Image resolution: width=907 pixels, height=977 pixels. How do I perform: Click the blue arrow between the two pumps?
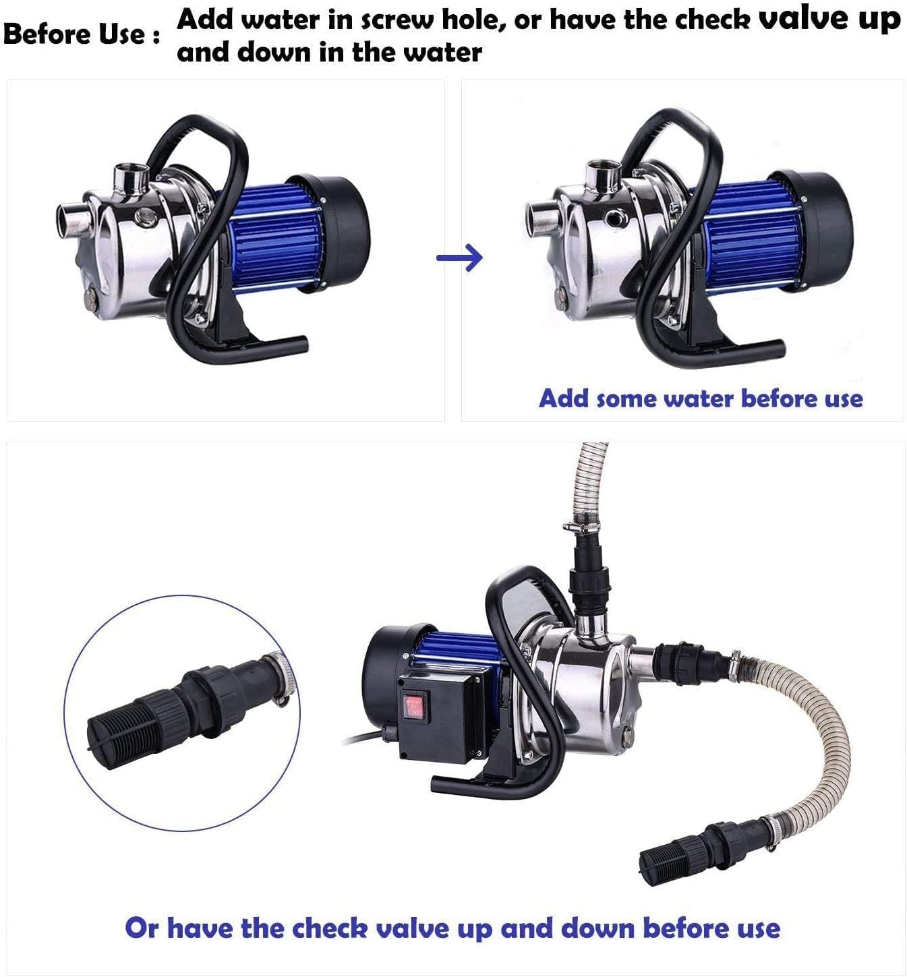click(x=460, y=257)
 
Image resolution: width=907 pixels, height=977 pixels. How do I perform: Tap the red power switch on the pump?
click(x=412, y=706)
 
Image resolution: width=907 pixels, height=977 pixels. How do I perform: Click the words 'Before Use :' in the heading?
click(x=82, y=34)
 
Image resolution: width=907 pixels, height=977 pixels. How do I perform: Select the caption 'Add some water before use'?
click(x=701, y=398)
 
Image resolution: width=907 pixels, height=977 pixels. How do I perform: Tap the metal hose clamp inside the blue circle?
click(x=279, y=681)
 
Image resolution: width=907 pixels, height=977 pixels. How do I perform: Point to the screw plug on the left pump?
click(x=144, y=216)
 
